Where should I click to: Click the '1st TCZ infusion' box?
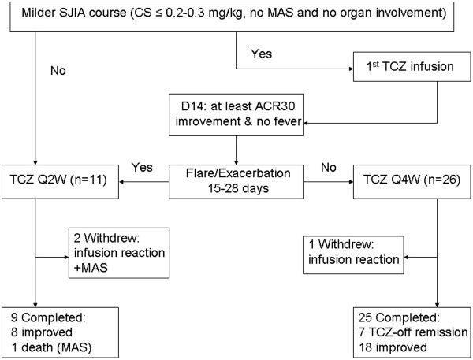[412, 67]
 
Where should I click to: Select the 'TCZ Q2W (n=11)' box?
[61, 182]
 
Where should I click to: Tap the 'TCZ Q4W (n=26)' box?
[412, 182]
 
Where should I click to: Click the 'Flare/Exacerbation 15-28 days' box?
[236, 182]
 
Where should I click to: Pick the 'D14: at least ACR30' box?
[236, 115]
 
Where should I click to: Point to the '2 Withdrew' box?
[119, 253]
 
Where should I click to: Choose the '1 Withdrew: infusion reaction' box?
[353, 255]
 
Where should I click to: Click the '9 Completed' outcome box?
[61, 332]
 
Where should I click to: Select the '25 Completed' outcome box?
[412, 332]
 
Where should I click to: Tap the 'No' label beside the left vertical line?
[58, 71]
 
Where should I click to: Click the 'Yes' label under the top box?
[261, 54]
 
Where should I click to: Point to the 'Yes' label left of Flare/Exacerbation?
[142, 167]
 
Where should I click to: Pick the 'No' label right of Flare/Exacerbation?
[329, 167]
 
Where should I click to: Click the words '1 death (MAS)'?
[51, 347]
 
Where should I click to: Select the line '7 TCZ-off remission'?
[413, 332]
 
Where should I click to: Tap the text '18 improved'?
[393, 347]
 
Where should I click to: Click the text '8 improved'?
[42, 332]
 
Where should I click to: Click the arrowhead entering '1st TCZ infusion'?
[351, 69]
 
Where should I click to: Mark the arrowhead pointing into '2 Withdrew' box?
[67, 258]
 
